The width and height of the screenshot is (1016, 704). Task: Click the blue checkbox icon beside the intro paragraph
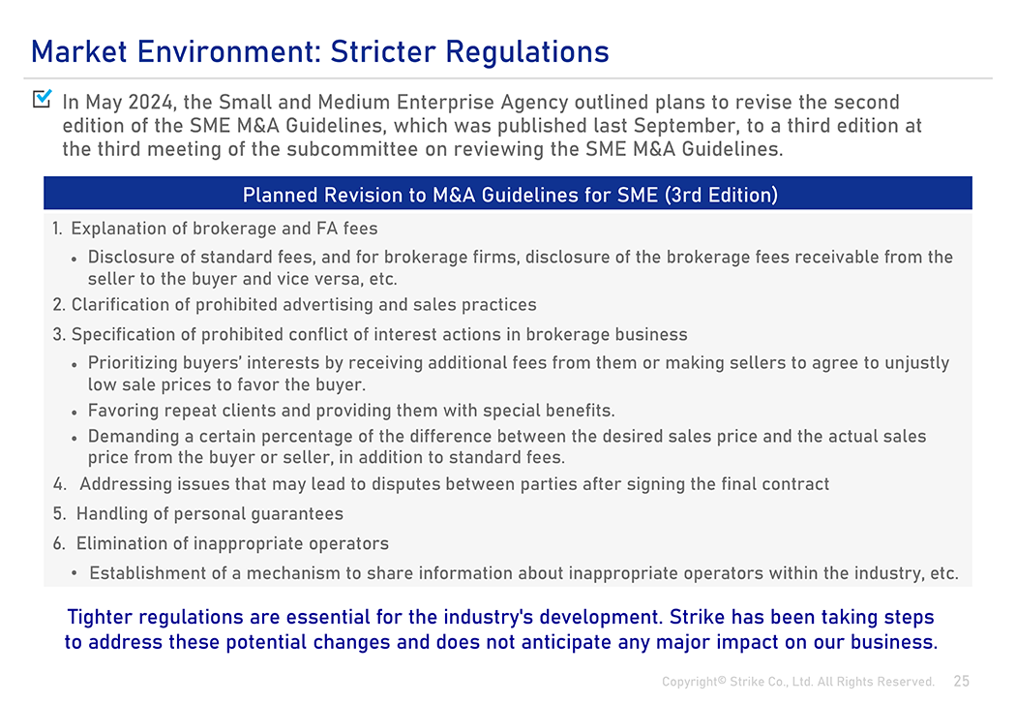[x=43, y=99]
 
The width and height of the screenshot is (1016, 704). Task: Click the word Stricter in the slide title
[x=383, y=52]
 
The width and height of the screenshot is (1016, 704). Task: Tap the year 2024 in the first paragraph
[x=150, y=103]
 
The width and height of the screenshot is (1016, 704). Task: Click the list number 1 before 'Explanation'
[x=57, y=229]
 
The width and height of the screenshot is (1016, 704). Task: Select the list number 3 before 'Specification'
[x=59, y=334]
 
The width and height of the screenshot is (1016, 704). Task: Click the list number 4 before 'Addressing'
[x=60, y=484]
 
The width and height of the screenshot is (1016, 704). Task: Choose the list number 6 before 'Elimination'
[x=59, y=544]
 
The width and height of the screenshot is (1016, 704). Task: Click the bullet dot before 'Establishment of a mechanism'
[x=75, y=573]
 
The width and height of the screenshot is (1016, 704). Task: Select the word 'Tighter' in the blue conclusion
[x=100, y=617]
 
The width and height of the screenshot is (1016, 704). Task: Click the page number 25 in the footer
[x=962, y=682]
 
